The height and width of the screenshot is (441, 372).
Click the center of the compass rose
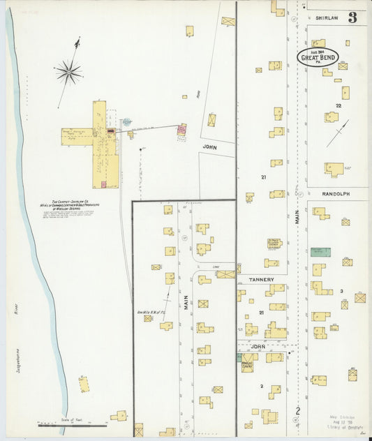tap(69, 70)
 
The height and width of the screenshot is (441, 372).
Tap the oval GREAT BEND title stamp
tap(318, 57)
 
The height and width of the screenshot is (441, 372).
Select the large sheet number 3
tap(352, 17)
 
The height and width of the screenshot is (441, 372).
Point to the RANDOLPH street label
tap(336, 193)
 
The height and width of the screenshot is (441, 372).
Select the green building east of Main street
tap(320, 252)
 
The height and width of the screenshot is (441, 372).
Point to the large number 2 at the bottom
tap(297, 411)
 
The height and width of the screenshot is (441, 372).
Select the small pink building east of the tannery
tap(182, 128)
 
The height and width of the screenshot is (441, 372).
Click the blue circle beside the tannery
tap(127, 121)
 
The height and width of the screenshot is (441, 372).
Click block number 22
tap(338, 105)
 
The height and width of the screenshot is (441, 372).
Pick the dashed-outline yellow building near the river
tap(84, 384)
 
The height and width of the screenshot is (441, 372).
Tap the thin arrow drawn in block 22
tap(338, 133)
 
